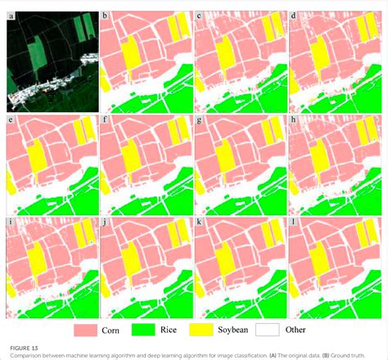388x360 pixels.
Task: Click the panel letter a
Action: click(x=11, y=15)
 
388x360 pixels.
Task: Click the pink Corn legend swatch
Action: click(x=86, y=331)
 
